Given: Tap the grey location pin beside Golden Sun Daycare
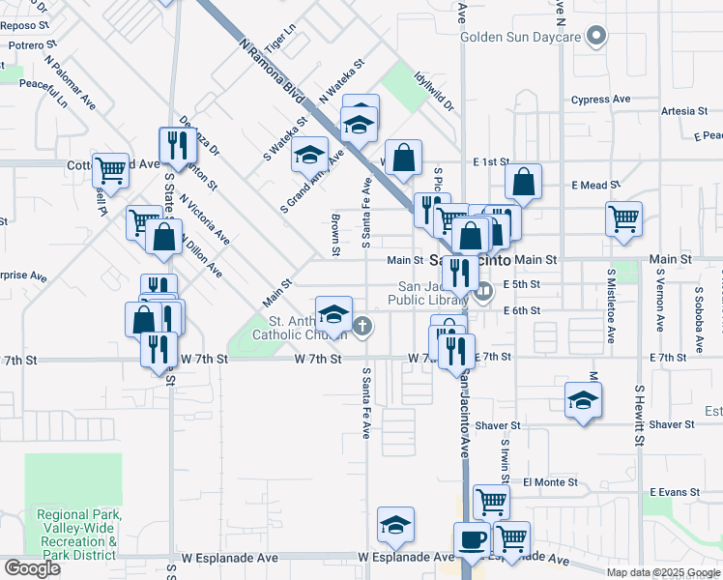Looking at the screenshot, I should (597, 38).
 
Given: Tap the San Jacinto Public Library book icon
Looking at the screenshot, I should (483, 288).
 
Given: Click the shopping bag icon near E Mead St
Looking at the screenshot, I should (523, 182).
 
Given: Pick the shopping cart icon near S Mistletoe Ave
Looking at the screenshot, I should (624, 217).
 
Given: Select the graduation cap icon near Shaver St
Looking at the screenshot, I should (583, 400).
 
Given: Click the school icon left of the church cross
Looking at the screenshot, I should (334, 315).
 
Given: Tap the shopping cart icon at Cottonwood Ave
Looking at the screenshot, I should (111, 170).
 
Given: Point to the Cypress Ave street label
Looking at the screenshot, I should (600, 100).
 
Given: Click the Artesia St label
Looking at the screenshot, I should (684, 111).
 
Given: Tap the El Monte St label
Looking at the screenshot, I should (550, 481).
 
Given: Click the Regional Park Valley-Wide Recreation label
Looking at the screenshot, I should (77, 535).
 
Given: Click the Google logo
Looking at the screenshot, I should (32, 567).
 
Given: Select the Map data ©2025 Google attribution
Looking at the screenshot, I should (663, 572).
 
